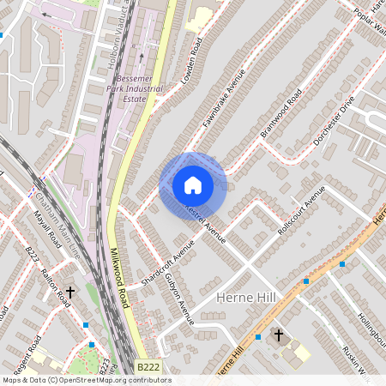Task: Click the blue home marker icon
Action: click(x=193, y=185)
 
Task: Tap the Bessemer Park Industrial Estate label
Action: click(x=138, y=88)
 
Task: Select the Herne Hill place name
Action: click(x=246, y=297)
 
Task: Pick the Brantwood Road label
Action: click(x=281, y=117)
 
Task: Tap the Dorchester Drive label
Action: click(x=335, y=120)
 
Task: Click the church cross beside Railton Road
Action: click(x=70, y=293)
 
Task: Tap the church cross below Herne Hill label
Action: click(x=276, y=334)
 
